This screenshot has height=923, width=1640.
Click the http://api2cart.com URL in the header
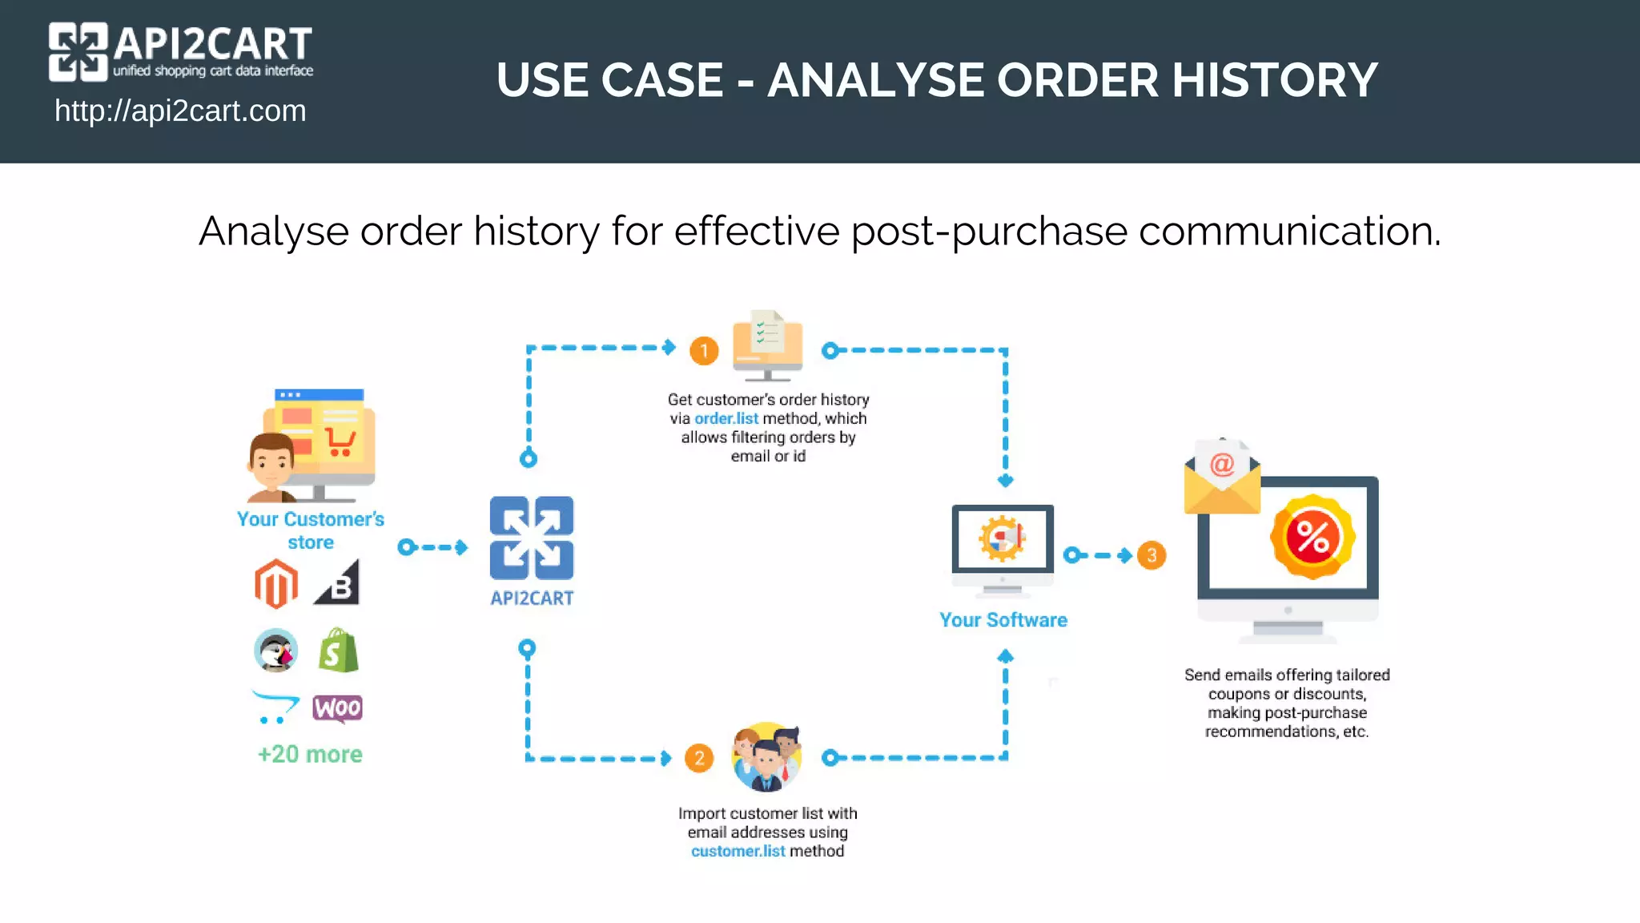180,111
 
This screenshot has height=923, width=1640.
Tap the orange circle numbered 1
704,351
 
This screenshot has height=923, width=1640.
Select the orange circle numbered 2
699,758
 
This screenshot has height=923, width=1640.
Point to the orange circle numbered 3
1152,555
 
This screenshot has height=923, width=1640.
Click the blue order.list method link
726,418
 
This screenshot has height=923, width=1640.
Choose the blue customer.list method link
738,851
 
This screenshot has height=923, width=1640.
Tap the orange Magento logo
276,584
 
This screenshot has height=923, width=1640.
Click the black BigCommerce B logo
339,583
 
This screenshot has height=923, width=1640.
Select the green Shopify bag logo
338,651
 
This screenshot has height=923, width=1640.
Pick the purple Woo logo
337,708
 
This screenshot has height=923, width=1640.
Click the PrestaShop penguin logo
276,651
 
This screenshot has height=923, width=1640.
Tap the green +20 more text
310,755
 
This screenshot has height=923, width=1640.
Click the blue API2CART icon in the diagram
532,538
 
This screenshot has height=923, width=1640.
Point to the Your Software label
1003,620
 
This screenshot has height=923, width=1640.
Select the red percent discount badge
1312,537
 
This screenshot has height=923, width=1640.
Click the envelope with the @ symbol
1222,478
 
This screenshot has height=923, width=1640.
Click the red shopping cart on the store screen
340,441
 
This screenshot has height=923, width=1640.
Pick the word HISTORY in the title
1275,80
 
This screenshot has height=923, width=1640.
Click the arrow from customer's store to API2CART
433,547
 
